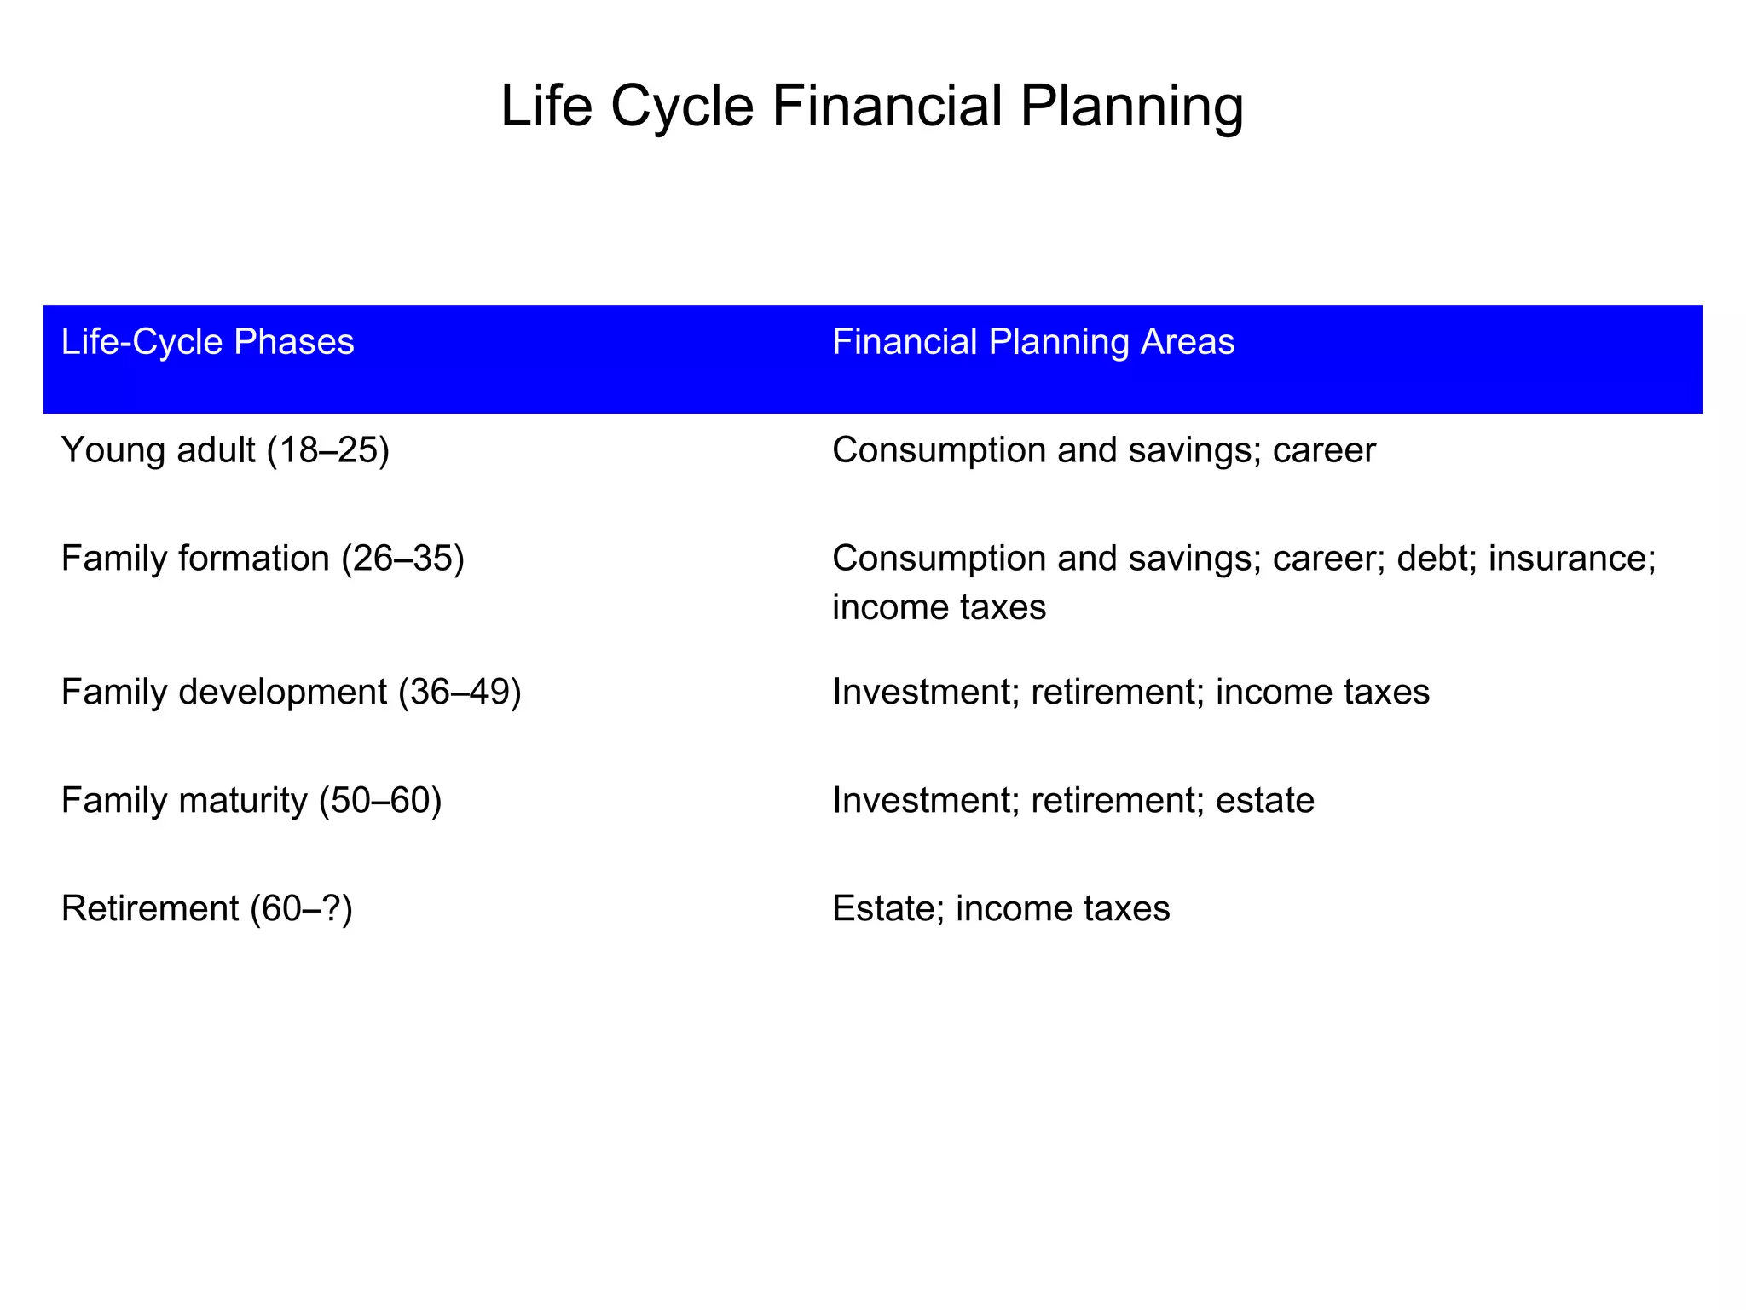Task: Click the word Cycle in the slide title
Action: [x=682, y=107]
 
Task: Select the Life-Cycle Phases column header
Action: [x=207, y=343]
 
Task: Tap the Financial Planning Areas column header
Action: [x=1032, y=343]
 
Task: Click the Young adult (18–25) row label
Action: [x=225, y=450]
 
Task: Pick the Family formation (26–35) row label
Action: [x=263, y=559]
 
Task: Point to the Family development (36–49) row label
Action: [x=291, y=692]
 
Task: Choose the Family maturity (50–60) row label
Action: [x=251, y=800]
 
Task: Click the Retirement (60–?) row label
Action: [x=206, y=908]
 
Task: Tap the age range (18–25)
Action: [x=328, y=450]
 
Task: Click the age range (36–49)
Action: [x=460, y=692]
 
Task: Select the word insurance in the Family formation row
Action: [x=1571, y=559]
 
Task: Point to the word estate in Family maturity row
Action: [x=1264, y=800]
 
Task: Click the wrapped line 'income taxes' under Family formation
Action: [x=939, y=607]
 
